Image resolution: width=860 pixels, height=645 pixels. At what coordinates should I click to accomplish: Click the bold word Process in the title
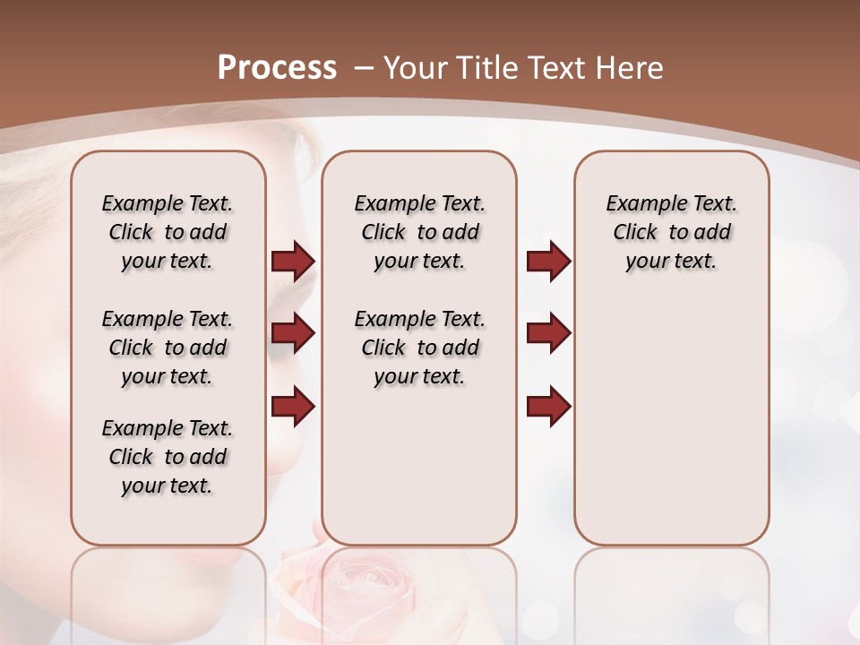(277, 68)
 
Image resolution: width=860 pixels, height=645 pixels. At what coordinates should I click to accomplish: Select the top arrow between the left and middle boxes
(293, 261)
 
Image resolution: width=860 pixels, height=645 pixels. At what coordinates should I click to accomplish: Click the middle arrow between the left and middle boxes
(293, 333)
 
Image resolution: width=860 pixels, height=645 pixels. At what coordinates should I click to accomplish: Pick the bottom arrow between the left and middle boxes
(293, 405)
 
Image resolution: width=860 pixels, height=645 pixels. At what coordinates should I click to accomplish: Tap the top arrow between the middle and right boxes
(548, 261)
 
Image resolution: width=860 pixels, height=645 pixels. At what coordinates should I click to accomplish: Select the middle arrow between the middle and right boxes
(548, 333)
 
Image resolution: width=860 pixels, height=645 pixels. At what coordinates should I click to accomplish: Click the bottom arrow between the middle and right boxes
(548, 405)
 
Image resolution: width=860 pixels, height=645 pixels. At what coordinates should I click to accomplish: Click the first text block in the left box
(168, 232)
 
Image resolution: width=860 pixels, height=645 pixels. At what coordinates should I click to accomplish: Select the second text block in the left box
(168, 348)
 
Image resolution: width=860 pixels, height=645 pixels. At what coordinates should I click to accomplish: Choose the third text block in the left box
(168, 457)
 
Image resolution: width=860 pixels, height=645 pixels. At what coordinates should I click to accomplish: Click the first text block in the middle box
(419, 232)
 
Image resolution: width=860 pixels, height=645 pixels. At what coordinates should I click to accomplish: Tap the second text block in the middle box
(419, 348)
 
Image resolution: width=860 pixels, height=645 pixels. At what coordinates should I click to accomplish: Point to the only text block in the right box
(671, 232)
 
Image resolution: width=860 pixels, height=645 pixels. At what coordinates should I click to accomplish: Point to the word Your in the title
(415, 68)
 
